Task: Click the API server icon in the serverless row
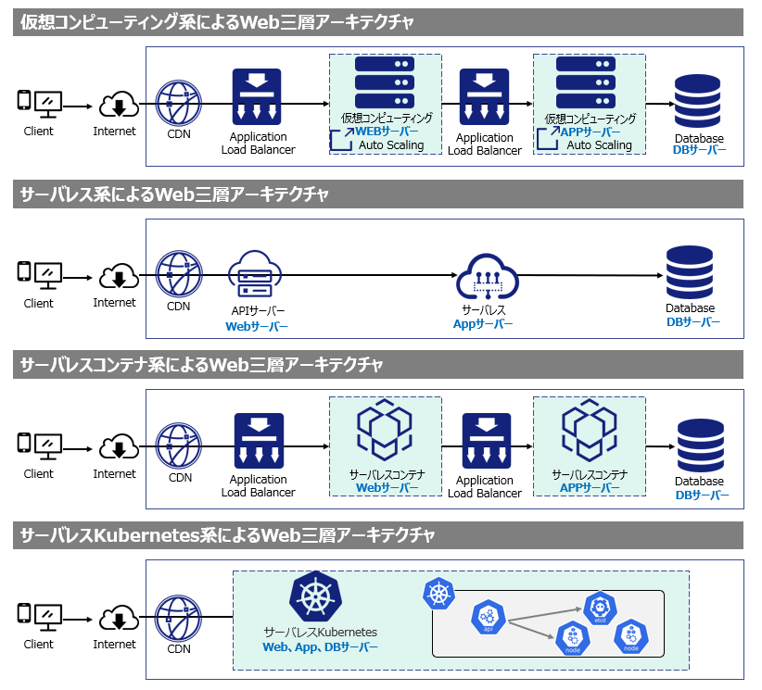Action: point(254,274)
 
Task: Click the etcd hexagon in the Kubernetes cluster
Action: point(600,608)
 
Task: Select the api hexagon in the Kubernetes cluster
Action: point(488,618)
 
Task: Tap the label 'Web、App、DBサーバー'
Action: point(320,647)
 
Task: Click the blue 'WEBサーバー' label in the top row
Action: point(387,132)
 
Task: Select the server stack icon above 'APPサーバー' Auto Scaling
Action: point(587,84)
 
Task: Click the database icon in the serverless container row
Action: point(700,445)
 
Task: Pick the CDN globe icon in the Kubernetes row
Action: point(178,618)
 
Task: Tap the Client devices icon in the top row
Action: point(39,103)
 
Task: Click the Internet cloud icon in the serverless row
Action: point(118,276)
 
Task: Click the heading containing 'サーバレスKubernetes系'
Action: point(228,535)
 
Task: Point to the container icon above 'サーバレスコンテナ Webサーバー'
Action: point(385,433)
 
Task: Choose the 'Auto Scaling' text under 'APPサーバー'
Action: point(599,145)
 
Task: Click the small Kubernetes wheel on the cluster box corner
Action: point(437,595)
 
